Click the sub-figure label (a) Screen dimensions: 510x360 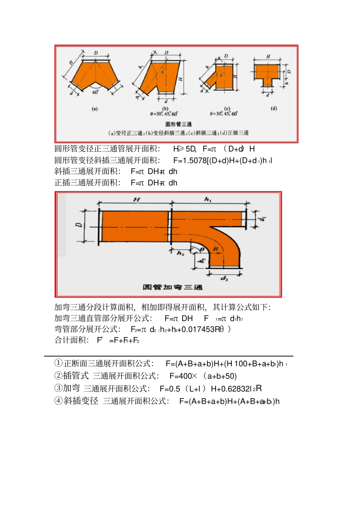tap(95, 109)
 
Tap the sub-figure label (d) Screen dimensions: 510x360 tap(274, 108)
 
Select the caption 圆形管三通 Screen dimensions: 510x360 tap(178, 124)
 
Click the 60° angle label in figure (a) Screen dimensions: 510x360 tap(95, 92)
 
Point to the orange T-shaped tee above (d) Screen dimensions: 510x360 tap(267, 74)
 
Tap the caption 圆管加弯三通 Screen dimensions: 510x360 tap(172, 287)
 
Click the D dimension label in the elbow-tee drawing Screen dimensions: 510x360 tap(79, 225)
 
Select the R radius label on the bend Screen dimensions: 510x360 tap(215, 249)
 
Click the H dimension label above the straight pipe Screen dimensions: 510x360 tap(136, 199)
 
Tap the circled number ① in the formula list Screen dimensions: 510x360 tap(58, 363)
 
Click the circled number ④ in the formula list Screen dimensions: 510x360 tap(58, 401)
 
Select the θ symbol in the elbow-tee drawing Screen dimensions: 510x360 tap(202, 249)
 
